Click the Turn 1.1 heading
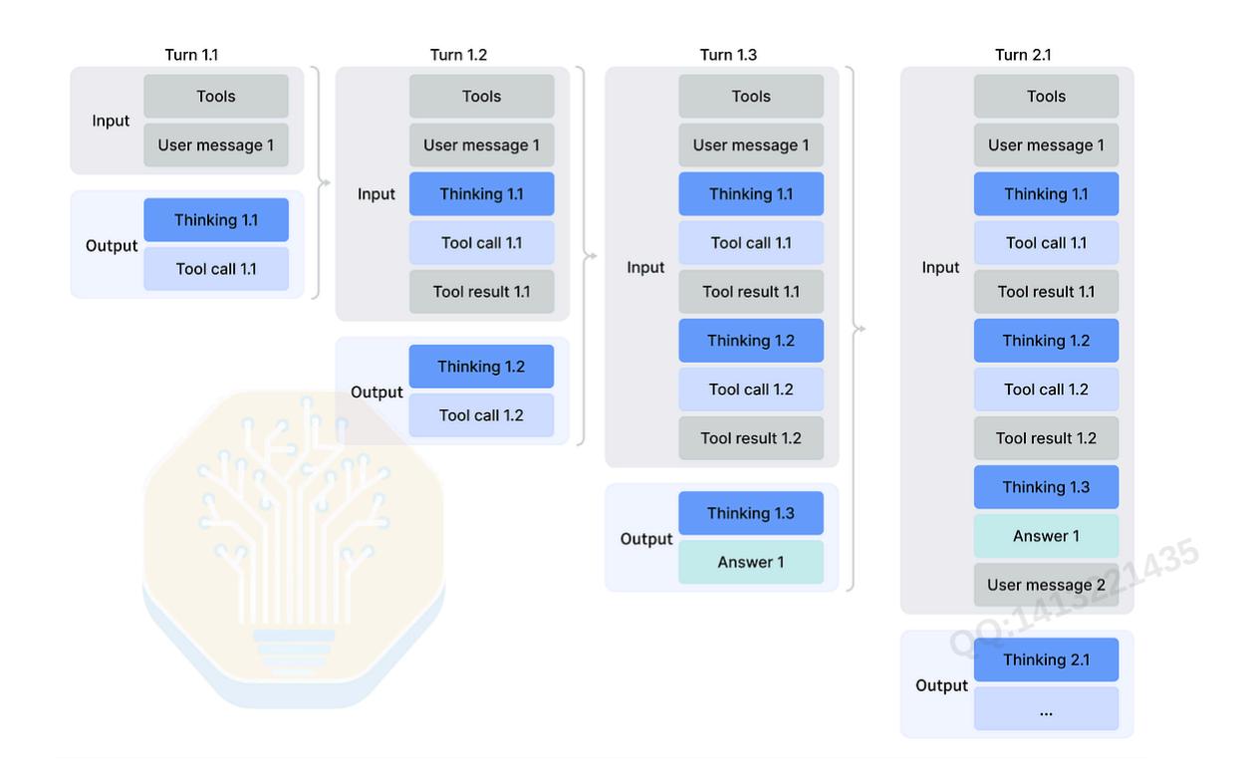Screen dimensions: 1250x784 click(191, 55)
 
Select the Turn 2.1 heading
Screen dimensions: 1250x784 click(1023, 55)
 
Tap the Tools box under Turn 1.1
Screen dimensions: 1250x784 click(216, 96)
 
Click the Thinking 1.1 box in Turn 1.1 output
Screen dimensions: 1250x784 click(216, 220)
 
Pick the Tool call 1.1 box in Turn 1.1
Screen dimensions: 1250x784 click(216, 269)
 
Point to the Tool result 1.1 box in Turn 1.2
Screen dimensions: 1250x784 click(482, 291)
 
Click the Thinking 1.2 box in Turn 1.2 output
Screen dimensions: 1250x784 click(482, 367)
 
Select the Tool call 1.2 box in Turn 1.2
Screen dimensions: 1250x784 click(482, 415)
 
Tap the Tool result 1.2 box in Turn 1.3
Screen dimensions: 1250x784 click(751, 438)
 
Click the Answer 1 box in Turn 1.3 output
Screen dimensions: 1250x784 click(751, 562)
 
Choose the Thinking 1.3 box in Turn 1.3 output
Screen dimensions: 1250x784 click(751, 513)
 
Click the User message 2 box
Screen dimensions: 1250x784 click(1047, 585)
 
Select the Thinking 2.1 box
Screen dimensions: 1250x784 click(1047, 659)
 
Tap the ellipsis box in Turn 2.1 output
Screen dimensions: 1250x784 click(1047, 708)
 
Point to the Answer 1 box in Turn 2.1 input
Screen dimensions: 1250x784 click(1047, 536)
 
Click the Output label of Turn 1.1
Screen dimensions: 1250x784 click(111, 245)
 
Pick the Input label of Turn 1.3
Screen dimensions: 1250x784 click(645, 267)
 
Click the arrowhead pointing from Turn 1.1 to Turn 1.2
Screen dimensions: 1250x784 click(327, 182)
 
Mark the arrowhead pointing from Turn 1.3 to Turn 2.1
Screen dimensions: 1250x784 click(863, 329)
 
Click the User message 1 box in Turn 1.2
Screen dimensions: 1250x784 click(482, 145)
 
